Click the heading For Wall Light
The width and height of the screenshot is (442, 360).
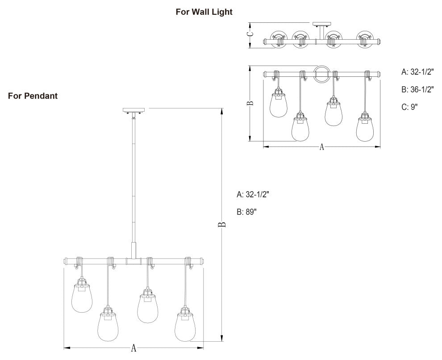point(204,12)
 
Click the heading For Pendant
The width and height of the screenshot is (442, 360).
point(33,96)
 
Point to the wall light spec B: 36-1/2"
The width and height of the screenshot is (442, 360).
point(417,89)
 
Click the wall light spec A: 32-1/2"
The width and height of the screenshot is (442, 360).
point(417,71)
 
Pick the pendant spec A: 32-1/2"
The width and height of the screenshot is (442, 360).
point(253,194)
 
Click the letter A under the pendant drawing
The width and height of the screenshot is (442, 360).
point(133,348)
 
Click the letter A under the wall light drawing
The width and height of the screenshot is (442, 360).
point(321,147)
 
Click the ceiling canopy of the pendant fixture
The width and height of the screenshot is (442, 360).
point(134,110)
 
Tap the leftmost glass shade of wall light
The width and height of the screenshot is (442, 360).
point(279,105)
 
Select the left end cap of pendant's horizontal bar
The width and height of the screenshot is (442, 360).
point(67,260)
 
